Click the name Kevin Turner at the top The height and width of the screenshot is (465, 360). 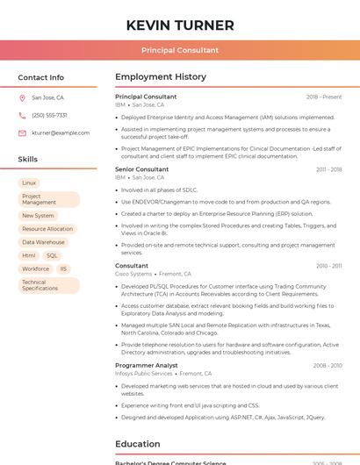pos(180,25)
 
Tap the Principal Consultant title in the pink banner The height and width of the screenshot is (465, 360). pos(180,50)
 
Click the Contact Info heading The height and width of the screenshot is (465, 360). pos(40,77)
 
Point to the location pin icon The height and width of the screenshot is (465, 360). pos(22,97)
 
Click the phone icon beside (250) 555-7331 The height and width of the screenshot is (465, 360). pos(22,115)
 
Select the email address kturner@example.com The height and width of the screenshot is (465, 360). pos(61,132)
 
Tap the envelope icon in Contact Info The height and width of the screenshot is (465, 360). pos(22,132)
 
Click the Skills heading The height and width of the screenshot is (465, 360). pos(28,160)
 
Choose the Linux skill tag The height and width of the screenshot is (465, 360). pos(29,182)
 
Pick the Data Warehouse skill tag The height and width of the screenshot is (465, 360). pos(43,242)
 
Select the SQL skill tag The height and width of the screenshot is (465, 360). pos(52,255)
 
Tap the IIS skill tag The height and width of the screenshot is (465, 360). pos(63,268)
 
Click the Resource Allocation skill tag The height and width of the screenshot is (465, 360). pos(47,229)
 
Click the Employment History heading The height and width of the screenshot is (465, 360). pos(161,77)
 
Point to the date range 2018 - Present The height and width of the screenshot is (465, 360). pos(324,97)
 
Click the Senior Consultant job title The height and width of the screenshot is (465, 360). pos(141,169)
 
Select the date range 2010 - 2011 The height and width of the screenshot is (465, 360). pos(329,266)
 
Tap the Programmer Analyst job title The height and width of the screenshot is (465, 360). pos(146,365)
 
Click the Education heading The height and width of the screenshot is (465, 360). pos(138,444)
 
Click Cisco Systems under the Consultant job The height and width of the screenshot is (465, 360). pos(133,274)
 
